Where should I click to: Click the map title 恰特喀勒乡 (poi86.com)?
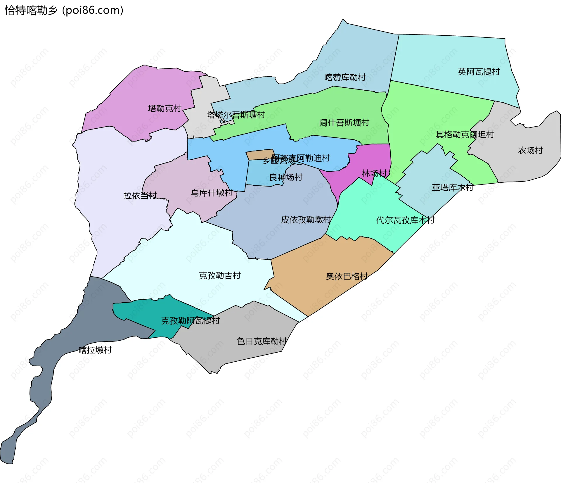pos(64,11)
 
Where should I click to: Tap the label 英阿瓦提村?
pos(479,72)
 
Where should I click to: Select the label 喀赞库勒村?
pos(345,77)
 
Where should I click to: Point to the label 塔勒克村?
pos(165,108)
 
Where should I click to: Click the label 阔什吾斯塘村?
pos(344,123)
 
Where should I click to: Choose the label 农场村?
pos(530,151)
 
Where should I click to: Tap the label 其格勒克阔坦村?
pos(465,134)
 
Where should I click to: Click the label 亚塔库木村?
pos(452,188)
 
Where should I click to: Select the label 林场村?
pos(374,173)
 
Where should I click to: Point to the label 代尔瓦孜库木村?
pos(405,220)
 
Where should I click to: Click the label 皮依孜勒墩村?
pos(306,220)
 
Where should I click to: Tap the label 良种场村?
pos(286,177)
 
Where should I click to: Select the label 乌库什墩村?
pos(212,193)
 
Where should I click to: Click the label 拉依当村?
pos(140,196)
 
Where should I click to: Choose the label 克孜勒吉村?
pos(220,276)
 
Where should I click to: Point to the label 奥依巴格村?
pos(347,276)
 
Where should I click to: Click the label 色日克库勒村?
pos(262,341)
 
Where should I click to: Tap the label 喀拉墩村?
pos(95,350)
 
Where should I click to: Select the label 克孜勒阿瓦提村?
pos(190,321)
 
